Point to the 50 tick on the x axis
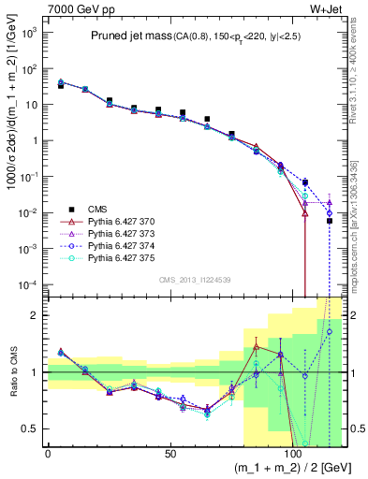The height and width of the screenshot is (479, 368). [x=170, y=452]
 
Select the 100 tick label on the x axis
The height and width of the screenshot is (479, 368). [x=292, y=452]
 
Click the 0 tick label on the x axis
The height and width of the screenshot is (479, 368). [x=48, y=452]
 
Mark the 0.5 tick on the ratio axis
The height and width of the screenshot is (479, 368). [x=31, y=428]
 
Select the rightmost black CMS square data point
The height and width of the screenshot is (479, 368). [x=330, y=221]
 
